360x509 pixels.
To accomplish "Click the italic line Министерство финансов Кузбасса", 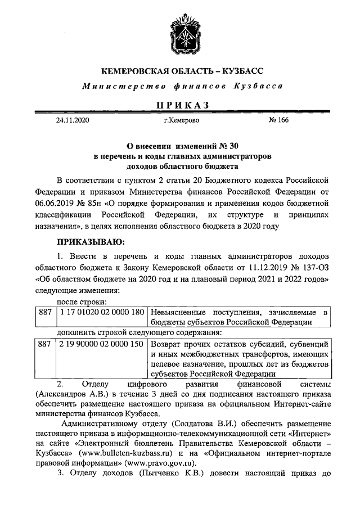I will (x=181, y=86).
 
